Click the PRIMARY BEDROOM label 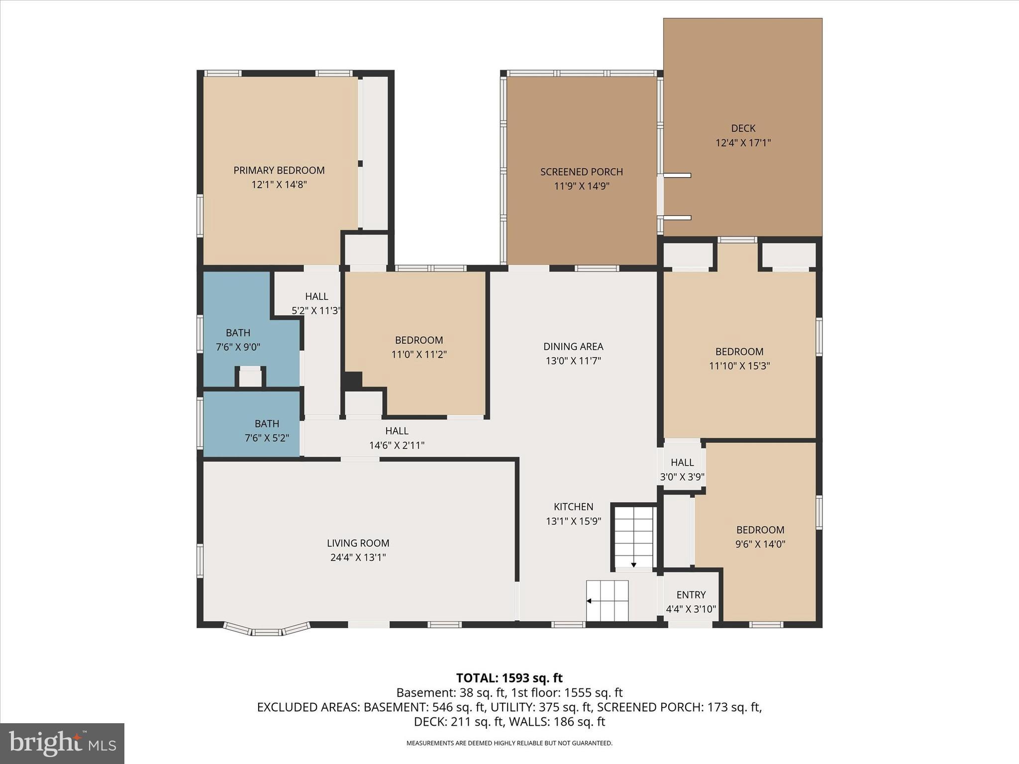279,171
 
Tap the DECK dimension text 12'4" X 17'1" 743,143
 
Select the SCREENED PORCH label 581,172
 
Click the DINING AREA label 573,347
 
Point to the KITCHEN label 573,507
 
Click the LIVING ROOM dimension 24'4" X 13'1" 358,558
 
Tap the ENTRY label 691,595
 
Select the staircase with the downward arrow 633,539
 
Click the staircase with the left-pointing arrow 607,600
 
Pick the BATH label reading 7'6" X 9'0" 238,340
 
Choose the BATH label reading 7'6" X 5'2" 267,431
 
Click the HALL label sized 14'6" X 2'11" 397,438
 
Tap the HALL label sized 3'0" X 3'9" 682,470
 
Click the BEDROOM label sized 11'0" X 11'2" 418,347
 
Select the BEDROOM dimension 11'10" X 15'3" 739,366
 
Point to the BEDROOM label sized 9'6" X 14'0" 760,537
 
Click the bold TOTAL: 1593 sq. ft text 509,678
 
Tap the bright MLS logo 62,744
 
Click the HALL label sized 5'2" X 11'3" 316,303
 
